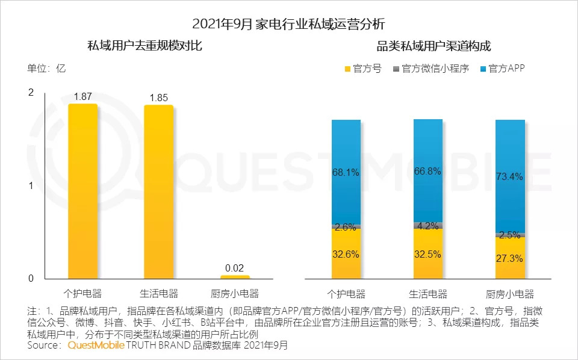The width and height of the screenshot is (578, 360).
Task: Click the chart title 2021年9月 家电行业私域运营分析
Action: point(288,24)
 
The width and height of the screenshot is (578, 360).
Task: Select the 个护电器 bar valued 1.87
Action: point(82,191)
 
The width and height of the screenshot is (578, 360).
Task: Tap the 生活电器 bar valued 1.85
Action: point(158,191)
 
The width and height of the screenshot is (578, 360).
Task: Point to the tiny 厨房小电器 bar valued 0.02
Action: point(235,277)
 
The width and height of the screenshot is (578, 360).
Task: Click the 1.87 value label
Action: point(82,96)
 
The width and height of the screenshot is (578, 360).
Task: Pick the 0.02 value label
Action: point(235,268)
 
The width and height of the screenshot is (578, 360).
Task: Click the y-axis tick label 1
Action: point(31,185)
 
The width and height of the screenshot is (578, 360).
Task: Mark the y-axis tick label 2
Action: point(31,92)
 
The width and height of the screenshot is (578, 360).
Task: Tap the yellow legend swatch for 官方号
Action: point(347,69)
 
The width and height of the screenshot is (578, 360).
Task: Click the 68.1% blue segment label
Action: point(346,172)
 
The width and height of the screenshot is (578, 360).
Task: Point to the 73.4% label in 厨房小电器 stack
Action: point(510,176)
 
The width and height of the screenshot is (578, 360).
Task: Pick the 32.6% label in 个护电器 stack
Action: point(346,254)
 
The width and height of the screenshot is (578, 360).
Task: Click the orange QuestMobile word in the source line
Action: point(96,346)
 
